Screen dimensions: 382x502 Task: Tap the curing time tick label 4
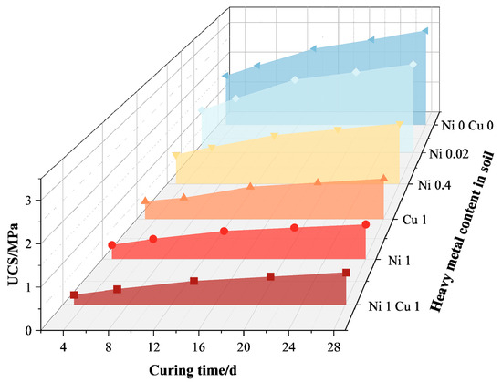(x=63, y=347)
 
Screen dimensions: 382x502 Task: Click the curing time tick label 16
(x=198, y=347)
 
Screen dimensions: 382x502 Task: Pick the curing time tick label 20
(x=243, y=347)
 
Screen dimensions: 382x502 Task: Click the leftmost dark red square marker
(x=74, y=295)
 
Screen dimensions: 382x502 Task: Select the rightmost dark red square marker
(x=346, y=273)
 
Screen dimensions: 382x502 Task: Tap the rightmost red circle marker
(x=365, y=224)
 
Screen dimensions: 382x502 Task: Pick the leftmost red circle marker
(x=112, y=245)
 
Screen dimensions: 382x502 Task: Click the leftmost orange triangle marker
(x=145, y=200)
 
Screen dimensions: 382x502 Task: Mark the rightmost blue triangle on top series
(x=425, y=31)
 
